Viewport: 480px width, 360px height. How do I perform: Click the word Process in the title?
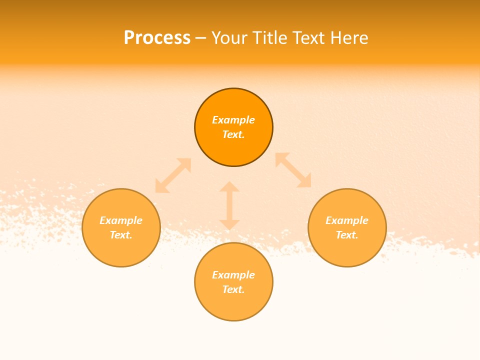coord(157,38)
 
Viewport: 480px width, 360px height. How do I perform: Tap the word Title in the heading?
coord(270,38)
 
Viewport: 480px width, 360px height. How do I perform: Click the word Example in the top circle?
coord(233,120)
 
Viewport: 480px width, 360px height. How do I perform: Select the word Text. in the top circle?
coord(233,134)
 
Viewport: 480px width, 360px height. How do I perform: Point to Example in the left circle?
coord(121,220)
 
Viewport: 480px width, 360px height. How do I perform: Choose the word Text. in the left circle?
coord(121,235)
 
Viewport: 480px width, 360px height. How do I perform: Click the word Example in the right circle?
coord(347,220)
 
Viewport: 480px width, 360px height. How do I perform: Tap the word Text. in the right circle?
coord(347,235)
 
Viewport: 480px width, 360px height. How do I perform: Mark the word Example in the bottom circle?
coord(233,275)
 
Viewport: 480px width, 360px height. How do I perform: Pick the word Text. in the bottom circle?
coord(233,289)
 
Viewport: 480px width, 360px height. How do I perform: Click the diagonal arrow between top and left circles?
coord(173,175)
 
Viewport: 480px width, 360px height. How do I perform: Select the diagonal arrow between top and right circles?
coord(293,170)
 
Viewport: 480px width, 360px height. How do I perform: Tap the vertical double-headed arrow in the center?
coord(229,205)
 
